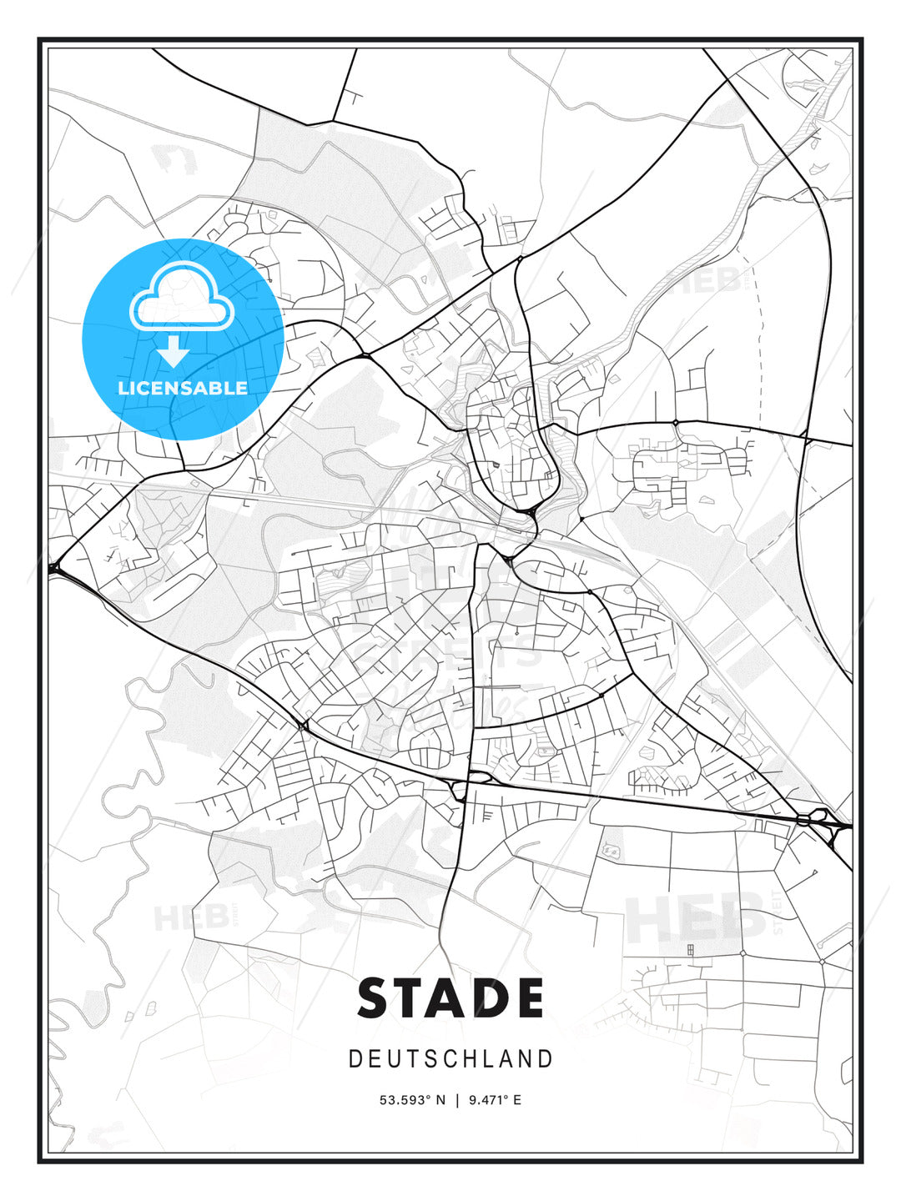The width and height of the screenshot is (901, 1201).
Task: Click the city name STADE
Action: pyautogui.click(x=450, y=998)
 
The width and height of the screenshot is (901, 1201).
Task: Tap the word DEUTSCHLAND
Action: pyautogui.click(x=450, y=1059)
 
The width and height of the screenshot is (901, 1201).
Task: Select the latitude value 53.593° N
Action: pyautogui.click(x=413, y=1100)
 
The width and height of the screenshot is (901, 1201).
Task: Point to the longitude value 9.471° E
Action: pyautogui.click(x=495, y=1100)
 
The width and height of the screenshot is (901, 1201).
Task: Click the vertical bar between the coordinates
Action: pyautogui.click(x=456, y=1100)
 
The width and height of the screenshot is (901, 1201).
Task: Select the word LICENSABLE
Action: pyautogui.click(x=183, y=388)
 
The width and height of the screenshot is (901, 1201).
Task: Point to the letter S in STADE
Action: pyautogui.click(x=376, y=998)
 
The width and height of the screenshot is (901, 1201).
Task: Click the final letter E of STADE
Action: pyautogui.click(x=526, y=998)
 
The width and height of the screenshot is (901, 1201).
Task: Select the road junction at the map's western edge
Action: pyautogui.click(x=57, y=570)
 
